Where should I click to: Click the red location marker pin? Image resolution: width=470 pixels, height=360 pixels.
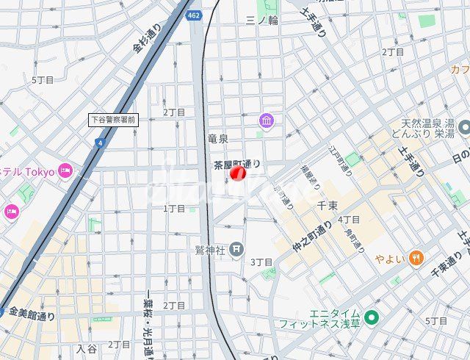tap(238, 174)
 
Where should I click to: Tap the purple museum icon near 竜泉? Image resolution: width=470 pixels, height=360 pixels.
tap(266, 120)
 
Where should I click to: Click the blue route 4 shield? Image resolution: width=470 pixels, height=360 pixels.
tap(100, 142)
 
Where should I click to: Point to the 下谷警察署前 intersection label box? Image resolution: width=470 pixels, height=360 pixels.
tap(113, 118)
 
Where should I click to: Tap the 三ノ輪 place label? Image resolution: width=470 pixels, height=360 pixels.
tap(262, 20)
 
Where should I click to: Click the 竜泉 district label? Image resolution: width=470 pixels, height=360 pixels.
tap(218, 138)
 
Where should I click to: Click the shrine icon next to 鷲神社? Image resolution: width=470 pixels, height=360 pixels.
tap(236, 250)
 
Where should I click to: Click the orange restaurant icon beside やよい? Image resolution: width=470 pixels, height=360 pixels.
tap(416, 257)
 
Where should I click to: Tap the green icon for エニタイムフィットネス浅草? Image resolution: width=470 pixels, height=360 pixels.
tap(372, 318)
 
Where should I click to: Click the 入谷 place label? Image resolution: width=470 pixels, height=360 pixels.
tap(86, 349)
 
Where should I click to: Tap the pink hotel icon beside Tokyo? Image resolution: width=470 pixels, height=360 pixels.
tap(65, 170)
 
